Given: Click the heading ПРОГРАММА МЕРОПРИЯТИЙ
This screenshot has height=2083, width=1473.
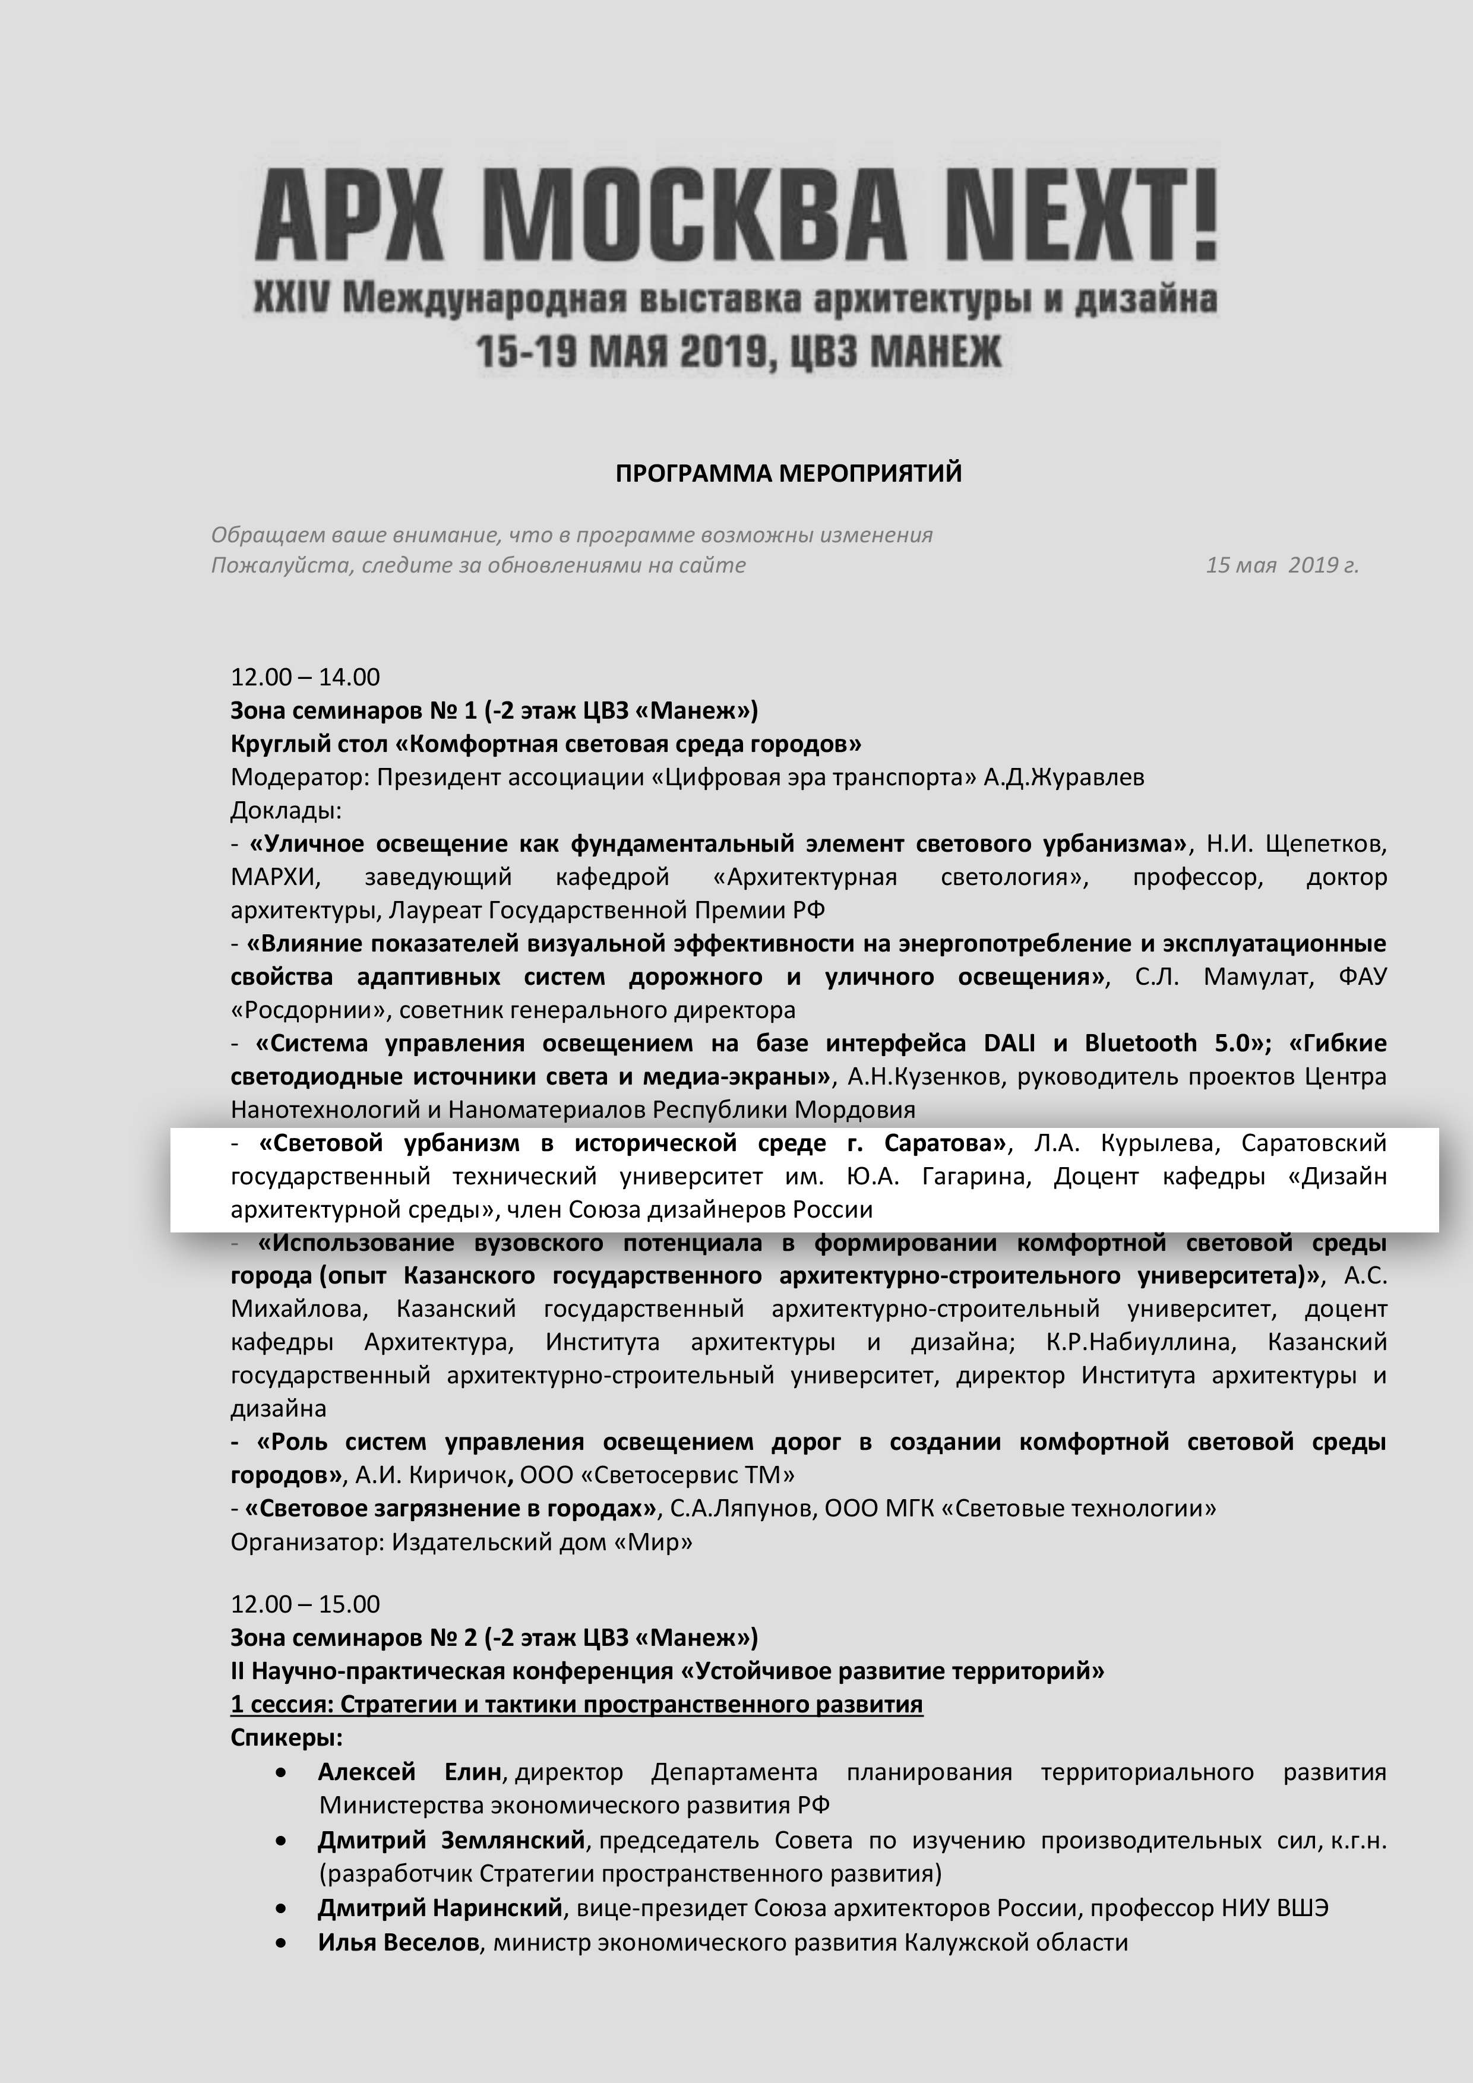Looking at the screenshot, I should pyautogui.click(x=788, y=473).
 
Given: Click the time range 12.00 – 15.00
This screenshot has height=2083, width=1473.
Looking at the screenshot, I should pyautogui.click(x=305, y=1604).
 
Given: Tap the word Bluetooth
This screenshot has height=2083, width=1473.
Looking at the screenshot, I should pyautogui.click(x=1140, y=1044).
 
